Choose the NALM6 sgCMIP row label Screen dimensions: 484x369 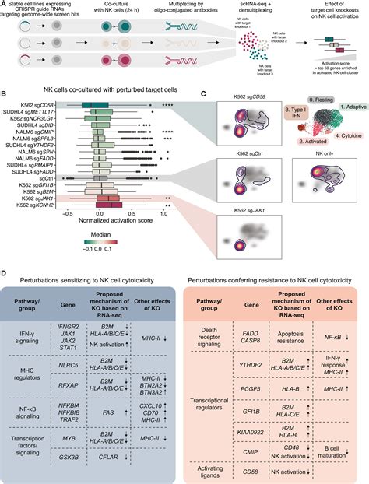tap(32, 133)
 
